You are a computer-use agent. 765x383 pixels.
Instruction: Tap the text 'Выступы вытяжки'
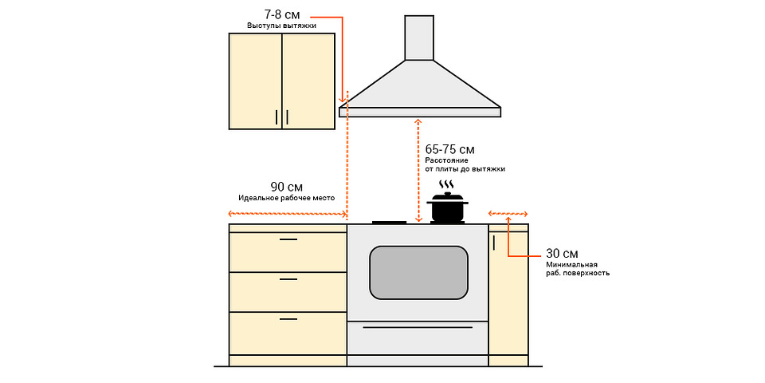tap(281, 26)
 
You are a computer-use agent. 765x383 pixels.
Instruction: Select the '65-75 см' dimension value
tap(449, 149)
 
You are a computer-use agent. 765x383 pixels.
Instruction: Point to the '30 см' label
tap(562, 253)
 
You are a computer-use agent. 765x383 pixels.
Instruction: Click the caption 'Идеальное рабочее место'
tap(286, 197)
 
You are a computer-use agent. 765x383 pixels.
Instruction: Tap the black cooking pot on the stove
tap(447, 210)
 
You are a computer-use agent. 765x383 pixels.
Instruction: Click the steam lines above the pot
tap(447, 185)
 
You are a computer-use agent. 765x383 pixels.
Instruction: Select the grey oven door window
tap(418, 272)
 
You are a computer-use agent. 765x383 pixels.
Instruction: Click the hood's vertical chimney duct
tap(419, 38)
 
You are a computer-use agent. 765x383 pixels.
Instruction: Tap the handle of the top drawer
tap(288, 239)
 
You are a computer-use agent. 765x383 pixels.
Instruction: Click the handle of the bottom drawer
tap(288, 318)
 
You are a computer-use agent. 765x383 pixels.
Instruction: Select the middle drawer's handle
tap(288, 279)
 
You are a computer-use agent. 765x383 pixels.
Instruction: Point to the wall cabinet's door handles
tap(281, 117)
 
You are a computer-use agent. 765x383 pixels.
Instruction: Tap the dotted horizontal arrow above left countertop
tap(288, 214)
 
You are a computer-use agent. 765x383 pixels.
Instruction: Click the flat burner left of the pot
tap(389, 222)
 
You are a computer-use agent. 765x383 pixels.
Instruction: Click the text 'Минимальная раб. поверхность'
tap(577, 268)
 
